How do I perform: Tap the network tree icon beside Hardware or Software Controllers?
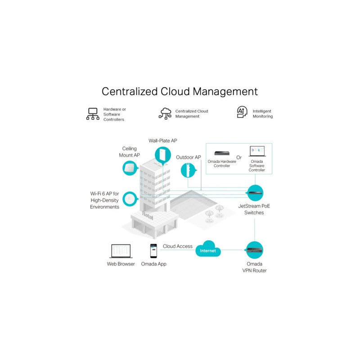[93, 114]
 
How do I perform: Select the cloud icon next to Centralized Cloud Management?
[165, 113]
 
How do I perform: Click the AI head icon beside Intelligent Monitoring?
[243, 113]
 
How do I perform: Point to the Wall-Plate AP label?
[163, 141]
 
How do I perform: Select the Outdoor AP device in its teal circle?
[188, 170]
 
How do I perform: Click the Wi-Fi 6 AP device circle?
[130, 198]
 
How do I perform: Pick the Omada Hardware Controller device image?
[222, 153]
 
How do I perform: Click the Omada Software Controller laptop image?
[257, 151]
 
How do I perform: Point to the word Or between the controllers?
[239, 157]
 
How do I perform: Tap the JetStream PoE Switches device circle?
[254, 193]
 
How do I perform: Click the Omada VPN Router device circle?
[254, 250]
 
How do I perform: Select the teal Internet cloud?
[208, 250]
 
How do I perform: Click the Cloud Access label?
[177, 246]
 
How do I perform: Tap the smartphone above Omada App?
[153, 251]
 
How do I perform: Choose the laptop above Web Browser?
[121, 251]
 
